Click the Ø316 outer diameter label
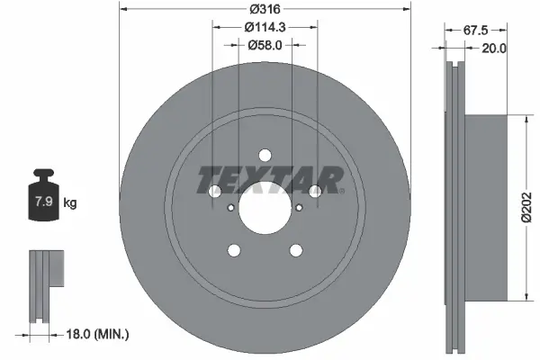[265, 8]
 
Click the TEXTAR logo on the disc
[270, 180]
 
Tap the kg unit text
[70, 203]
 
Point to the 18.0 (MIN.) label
[99, 334]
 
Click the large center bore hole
[264, 208]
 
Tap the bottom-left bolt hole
[233, 250]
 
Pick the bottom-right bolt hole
[295, 250]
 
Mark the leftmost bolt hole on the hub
[213, 191]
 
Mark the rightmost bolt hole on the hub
[315, 191]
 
